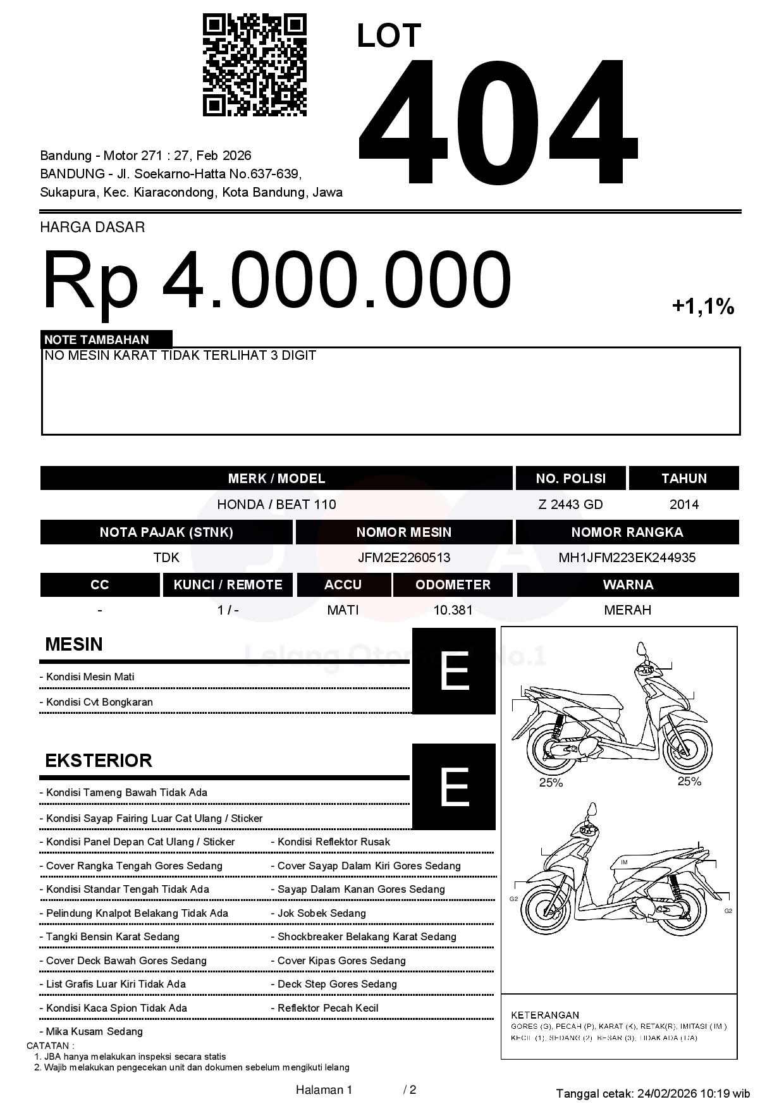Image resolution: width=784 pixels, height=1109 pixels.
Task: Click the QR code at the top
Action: [x=254, y=65]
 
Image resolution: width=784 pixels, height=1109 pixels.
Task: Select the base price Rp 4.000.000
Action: [x=276, y=280]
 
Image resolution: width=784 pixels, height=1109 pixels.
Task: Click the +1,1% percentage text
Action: [x=702, y=307]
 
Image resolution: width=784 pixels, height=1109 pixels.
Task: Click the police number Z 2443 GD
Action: [x=570, y=505]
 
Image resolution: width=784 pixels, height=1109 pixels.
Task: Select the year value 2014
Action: [x=683, y=505]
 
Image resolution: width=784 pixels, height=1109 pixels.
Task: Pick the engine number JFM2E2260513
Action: [x=403, y=558]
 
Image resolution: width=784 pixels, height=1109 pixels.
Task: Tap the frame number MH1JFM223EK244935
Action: [x=627, y=558]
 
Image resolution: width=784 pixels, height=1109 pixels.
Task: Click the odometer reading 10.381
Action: [x=453, y=610]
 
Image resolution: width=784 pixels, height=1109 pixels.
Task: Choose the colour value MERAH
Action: [x=627, y=610]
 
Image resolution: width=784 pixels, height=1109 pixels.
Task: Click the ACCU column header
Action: [x=343, y=585]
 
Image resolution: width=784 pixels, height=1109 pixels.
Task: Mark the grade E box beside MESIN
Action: [x=453, y=671]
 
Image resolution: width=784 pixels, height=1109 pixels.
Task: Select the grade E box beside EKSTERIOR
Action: [x=453, y=787]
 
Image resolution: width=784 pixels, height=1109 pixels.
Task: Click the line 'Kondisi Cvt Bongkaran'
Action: [x=99, y=702]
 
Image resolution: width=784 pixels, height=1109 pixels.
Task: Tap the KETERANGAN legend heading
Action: [x=544, y=1015]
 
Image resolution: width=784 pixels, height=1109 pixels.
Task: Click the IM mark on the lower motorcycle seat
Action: [x=624, y=862]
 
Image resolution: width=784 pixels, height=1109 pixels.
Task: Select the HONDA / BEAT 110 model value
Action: [x=276, y=505]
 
